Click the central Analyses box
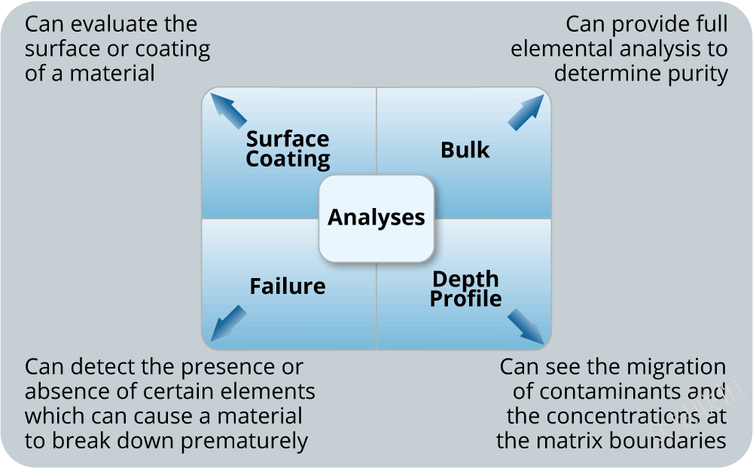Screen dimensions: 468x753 pos(376,218)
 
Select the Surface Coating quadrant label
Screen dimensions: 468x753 pos(288,149)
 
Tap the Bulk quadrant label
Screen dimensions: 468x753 pos(465,150)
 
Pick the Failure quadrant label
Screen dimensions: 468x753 pos(288,286)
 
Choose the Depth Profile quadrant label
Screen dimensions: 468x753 pos(465,289)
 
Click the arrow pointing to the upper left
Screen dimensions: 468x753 pos(228,110)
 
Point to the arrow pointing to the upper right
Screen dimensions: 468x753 pos(525,112)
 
